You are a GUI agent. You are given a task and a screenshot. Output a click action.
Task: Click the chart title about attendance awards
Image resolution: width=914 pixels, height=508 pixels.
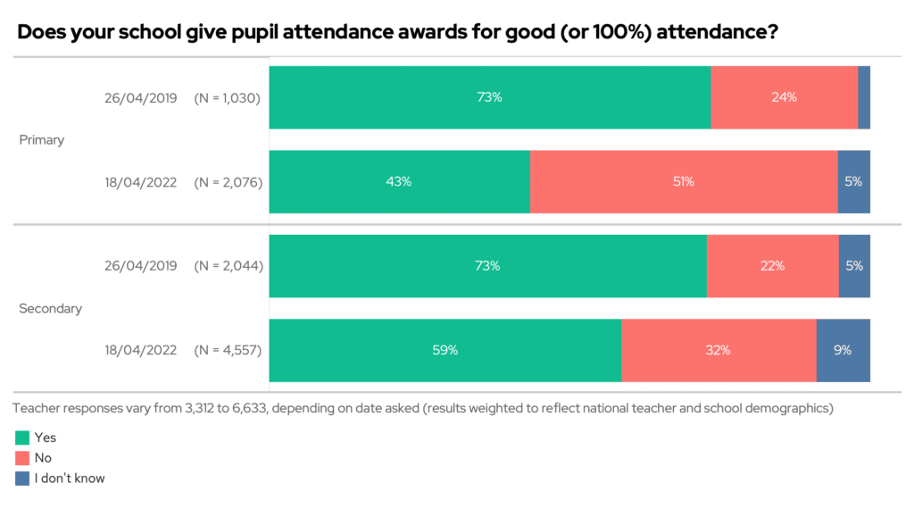coord(396,33)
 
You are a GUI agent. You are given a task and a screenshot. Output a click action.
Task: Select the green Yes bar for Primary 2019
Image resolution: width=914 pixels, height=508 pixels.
coord(489,97)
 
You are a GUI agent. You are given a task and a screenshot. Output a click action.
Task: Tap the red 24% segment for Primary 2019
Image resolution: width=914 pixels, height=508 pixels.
coord(784,97)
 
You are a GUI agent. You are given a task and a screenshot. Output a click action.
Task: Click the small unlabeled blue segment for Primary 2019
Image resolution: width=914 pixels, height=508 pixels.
coord(864,97)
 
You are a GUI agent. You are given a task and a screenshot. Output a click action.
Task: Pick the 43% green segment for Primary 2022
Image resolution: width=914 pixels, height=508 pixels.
coord(399,181)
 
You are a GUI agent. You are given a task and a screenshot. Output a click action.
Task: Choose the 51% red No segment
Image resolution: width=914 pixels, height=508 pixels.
coord(684,181)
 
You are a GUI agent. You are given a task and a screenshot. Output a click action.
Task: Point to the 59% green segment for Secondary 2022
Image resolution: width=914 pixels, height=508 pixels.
coord(445,350)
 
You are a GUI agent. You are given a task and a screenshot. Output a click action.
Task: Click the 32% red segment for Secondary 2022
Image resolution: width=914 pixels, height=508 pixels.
coord(719,350)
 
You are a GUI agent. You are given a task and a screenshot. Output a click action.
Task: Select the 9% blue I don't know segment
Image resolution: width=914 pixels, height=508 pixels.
coord(843,350)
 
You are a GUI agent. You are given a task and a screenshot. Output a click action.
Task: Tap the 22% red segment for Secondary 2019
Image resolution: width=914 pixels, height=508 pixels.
coord(772,266)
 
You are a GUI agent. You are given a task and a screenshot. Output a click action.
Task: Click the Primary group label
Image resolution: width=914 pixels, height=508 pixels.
coord(42,140)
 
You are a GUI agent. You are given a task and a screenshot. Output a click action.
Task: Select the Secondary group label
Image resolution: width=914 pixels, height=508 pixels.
coord(50,308)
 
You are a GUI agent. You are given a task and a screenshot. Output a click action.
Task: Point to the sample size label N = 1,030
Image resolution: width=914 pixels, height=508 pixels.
coord(228,98)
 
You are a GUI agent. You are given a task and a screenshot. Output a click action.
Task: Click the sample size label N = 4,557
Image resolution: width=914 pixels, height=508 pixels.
coord(228,351)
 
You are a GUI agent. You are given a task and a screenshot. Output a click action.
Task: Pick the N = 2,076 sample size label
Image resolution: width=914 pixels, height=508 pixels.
coord(228,182)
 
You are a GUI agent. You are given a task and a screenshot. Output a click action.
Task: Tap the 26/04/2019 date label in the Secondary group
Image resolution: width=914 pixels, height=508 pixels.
coord(141,266)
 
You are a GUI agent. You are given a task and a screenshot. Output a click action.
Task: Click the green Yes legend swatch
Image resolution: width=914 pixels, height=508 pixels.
coord(22,437)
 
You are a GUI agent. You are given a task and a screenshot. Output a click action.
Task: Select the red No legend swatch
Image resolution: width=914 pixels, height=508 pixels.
coord(22,458)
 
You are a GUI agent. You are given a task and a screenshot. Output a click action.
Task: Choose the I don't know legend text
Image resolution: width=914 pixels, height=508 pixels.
coord(70,479)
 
